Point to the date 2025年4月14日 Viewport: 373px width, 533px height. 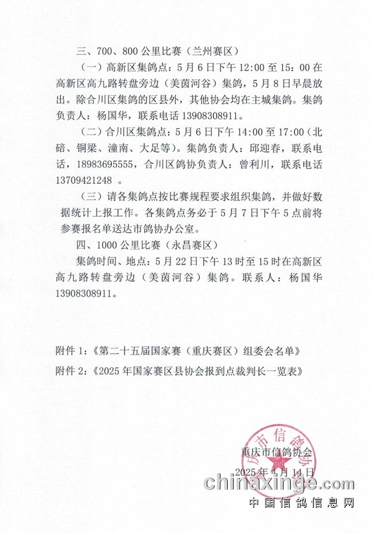[x=275, y=472]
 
